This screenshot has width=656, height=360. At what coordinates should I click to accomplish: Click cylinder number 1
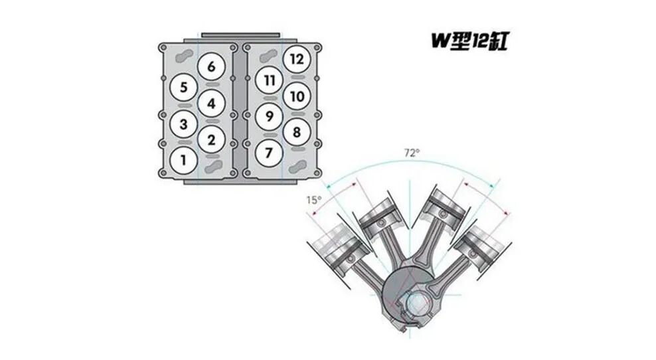(x=183, y=160)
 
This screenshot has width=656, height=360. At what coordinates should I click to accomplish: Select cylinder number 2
(x=211, y=139)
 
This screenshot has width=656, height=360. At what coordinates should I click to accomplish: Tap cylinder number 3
(x=183, y=124)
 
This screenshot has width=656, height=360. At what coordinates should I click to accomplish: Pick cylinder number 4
(x=211, y=104)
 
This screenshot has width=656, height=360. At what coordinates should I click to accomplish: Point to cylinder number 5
(x=183, y=88)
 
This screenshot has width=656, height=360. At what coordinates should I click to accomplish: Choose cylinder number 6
(x=211, y=66)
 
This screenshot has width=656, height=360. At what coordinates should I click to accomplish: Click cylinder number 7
(x=269, y=153)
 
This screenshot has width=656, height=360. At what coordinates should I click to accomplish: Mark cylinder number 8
(x=297, y=132)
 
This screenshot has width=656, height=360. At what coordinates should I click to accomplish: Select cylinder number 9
(x=269, y=116)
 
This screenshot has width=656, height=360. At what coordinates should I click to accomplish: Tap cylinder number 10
(x=297, y=96)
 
